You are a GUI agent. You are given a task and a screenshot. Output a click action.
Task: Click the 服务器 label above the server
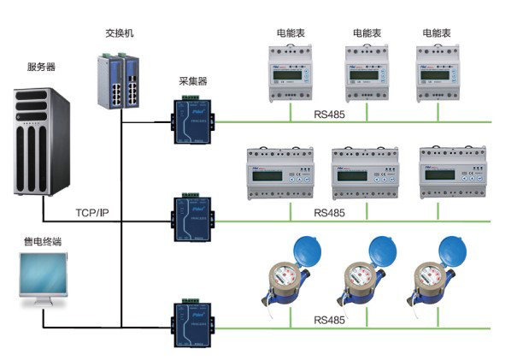pos(41,66)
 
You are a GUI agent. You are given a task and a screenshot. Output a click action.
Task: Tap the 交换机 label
pos(120,33)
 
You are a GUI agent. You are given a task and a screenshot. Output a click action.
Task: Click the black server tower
pos(40,140)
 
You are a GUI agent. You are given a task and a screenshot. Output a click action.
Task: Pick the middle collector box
pos(191,221)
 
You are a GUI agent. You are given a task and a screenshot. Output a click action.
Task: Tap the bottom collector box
pos(191,323)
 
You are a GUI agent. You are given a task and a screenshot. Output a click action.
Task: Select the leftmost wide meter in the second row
pos(274,173)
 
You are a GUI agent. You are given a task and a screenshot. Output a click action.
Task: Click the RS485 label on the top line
pos(329,113)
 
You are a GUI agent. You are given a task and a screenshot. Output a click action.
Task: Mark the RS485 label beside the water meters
pos(329,320)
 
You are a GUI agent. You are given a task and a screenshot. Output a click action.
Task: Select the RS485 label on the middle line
pos(329,212)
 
